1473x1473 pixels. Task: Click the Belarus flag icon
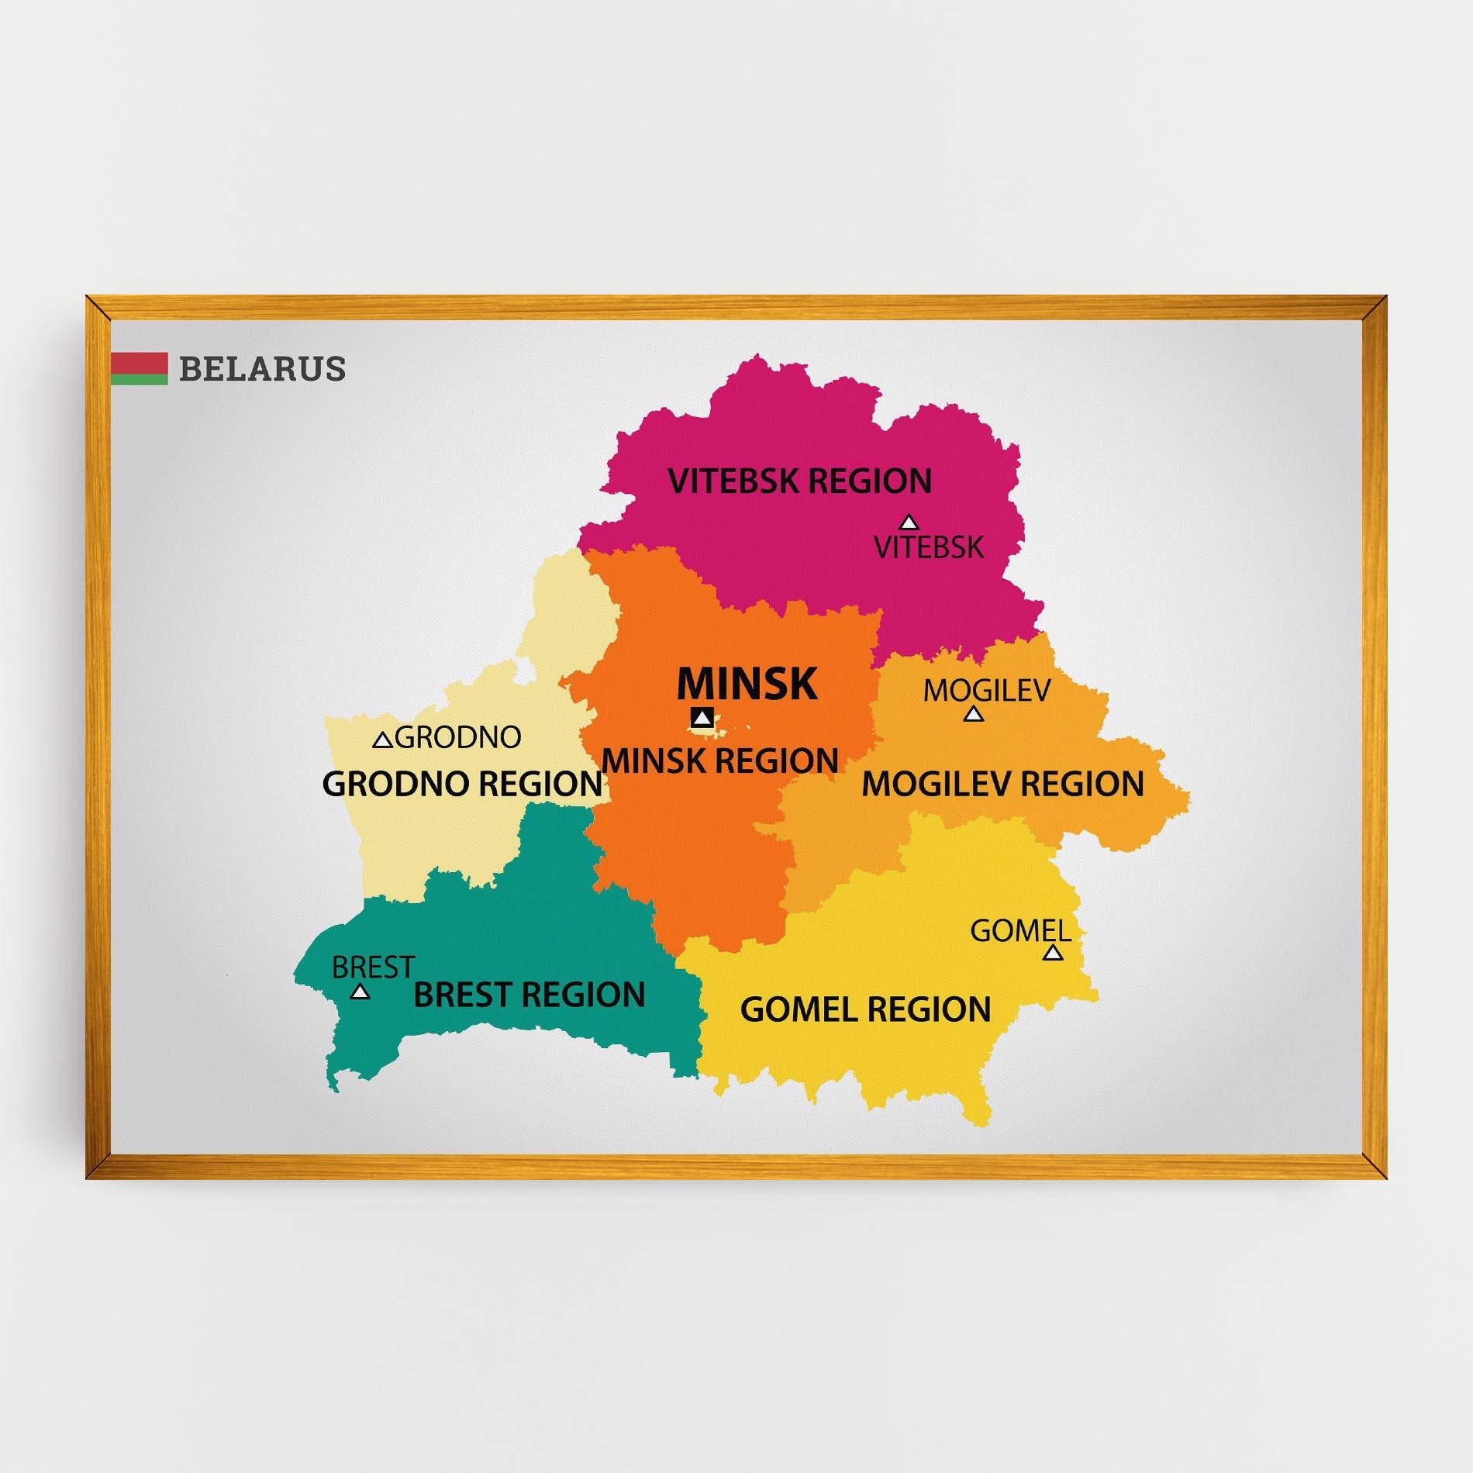tap(140, 369)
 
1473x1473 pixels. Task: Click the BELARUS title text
tap(262, 369)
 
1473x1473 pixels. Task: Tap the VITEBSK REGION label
tap(799, 481)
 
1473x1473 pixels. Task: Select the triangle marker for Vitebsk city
tap(908, 523)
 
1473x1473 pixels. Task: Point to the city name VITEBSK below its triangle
tap(929, 547)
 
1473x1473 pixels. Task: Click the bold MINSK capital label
tap(747, 684)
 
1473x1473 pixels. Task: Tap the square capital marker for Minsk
tap(702, 718)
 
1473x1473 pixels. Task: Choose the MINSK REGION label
tap(720, 761)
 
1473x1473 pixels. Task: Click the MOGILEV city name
tap(986, 690)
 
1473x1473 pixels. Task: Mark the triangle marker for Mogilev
tap(974, 714)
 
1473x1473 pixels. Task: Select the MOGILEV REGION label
tap(1002, 784)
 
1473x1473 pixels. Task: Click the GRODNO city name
tap(458, 737)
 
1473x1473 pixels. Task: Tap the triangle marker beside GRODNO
tap(382, 741)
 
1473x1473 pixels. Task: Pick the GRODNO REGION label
tap(462, 784)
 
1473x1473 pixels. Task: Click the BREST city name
tap(373, 968)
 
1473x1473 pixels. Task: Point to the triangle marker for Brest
tap(360, 992)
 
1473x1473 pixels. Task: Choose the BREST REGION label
tap(530, 995)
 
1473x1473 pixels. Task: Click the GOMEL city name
tap(1020, 930)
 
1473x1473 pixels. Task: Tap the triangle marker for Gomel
tap(1052, 953)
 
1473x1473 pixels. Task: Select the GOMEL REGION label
tap(865, 1009)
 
